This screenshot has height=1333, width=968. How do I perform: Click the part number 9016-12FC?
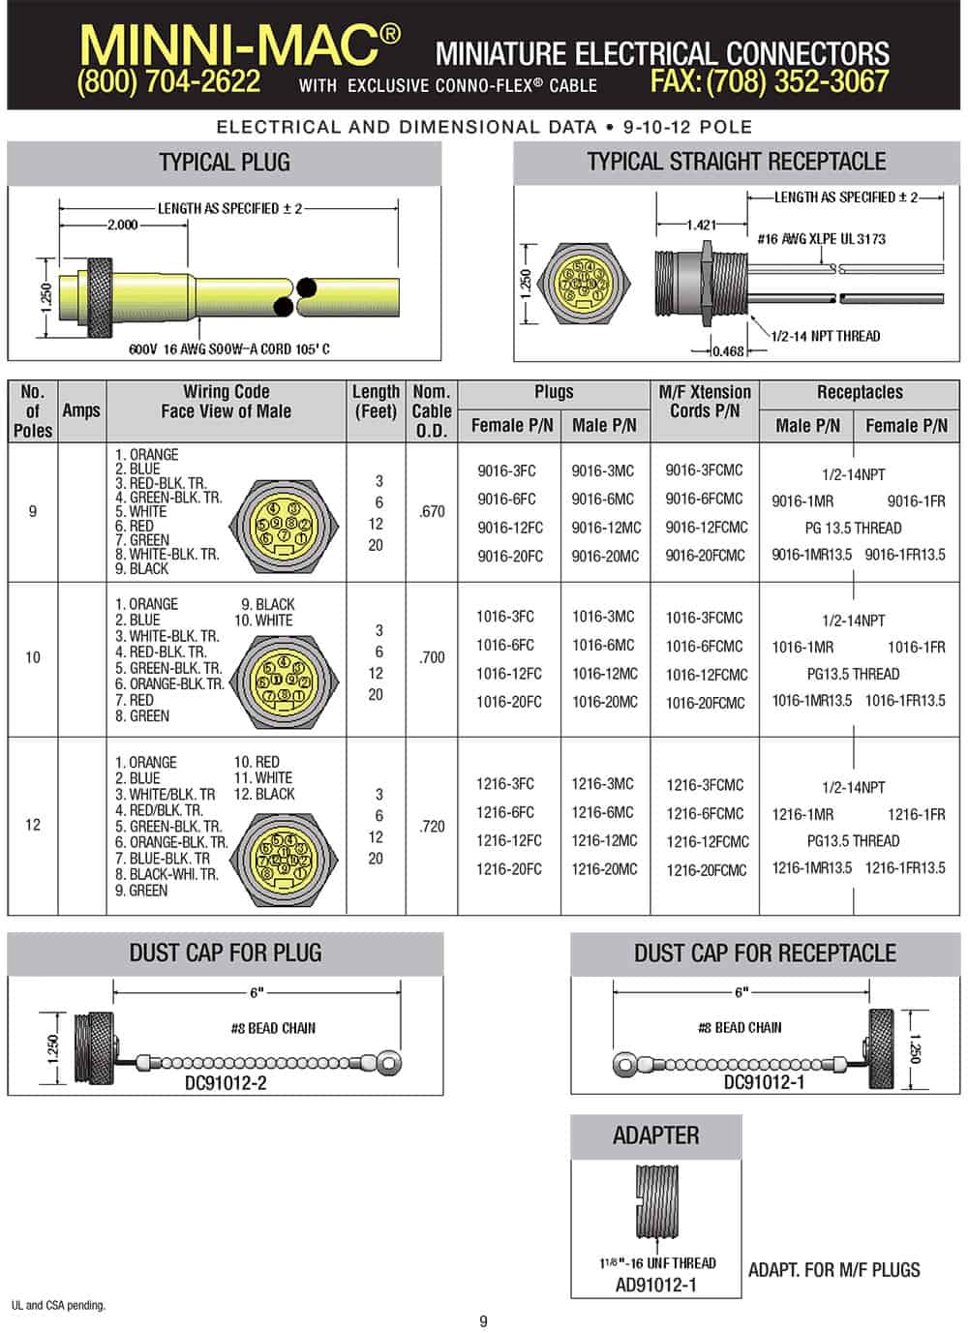[x=510, y=528]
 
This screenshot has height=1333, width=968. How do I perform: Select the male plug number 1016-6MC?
[x=603, y=645]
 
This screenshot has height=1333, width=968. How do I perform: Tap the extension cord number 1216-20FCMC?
[x=707, y=870]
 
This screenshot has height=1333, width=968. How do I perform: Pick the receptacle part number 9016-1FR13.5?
[x=905, y=555]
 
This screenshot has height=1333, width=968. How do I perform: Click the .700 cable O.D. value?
[x=432, y=657]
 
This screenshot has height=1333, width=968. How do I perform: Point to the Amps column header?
[x=81, y=410]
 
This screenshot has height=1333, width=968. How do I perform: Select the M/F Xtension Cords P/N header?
[x=705, y=402]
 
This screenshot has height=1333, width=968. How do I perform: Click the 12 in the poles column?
[x=33, y=825]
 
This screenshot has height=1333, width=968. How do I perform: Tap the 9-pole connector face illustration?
[x=284, y=526]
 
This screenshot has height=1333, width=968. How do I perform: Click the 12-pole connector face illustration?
[x=284, y=860]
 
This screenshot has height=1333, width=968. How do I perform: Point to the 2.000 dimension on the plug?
[x=123, y=225]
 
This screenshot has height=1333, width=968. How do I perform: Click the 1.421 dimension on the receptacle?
[x=702, y=225]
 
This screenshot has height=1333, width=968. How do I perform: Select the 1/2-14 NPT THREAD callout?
[x=825, y=336]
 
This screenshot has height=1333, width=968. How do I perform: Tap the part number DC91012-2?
[x=226, y=1083]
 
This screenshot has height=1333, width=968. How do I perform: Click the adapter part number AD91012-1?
[x=655, y=1285]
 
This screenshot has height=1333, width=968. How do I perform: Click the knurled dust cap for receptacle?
[x=880, y=1048]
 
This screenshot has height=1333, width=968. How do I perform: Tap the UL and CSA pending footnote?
[x=58, y=1306]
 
